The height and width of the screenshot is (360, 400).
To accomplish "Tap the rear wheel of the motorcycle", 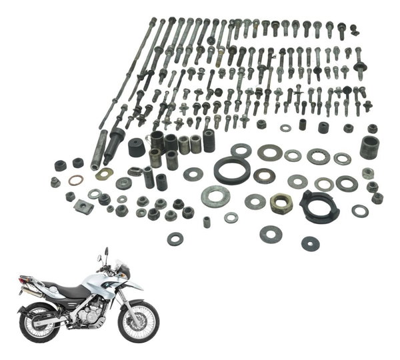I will [x=41, y=322].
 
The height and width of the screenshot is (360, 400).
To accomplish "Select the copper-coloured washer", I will [x=76, y=180].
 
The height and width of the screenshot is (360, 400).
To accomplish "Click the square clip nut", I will [x=85, y=205].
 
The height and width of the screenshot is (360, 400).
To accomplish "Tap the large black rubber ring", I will [x=232, y=170].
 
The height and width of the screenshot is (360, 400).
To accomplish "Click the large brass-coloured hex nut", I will [x=281, y=203].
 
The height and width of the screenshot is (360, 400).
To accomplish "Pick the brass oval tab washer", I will [x=104, y=174].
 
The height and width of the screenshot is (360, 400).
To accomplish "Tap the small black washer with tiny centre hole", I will [x=310, y=243].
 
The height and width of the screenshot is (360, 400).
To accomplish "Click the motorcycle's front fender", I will [x=134, y=287].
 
